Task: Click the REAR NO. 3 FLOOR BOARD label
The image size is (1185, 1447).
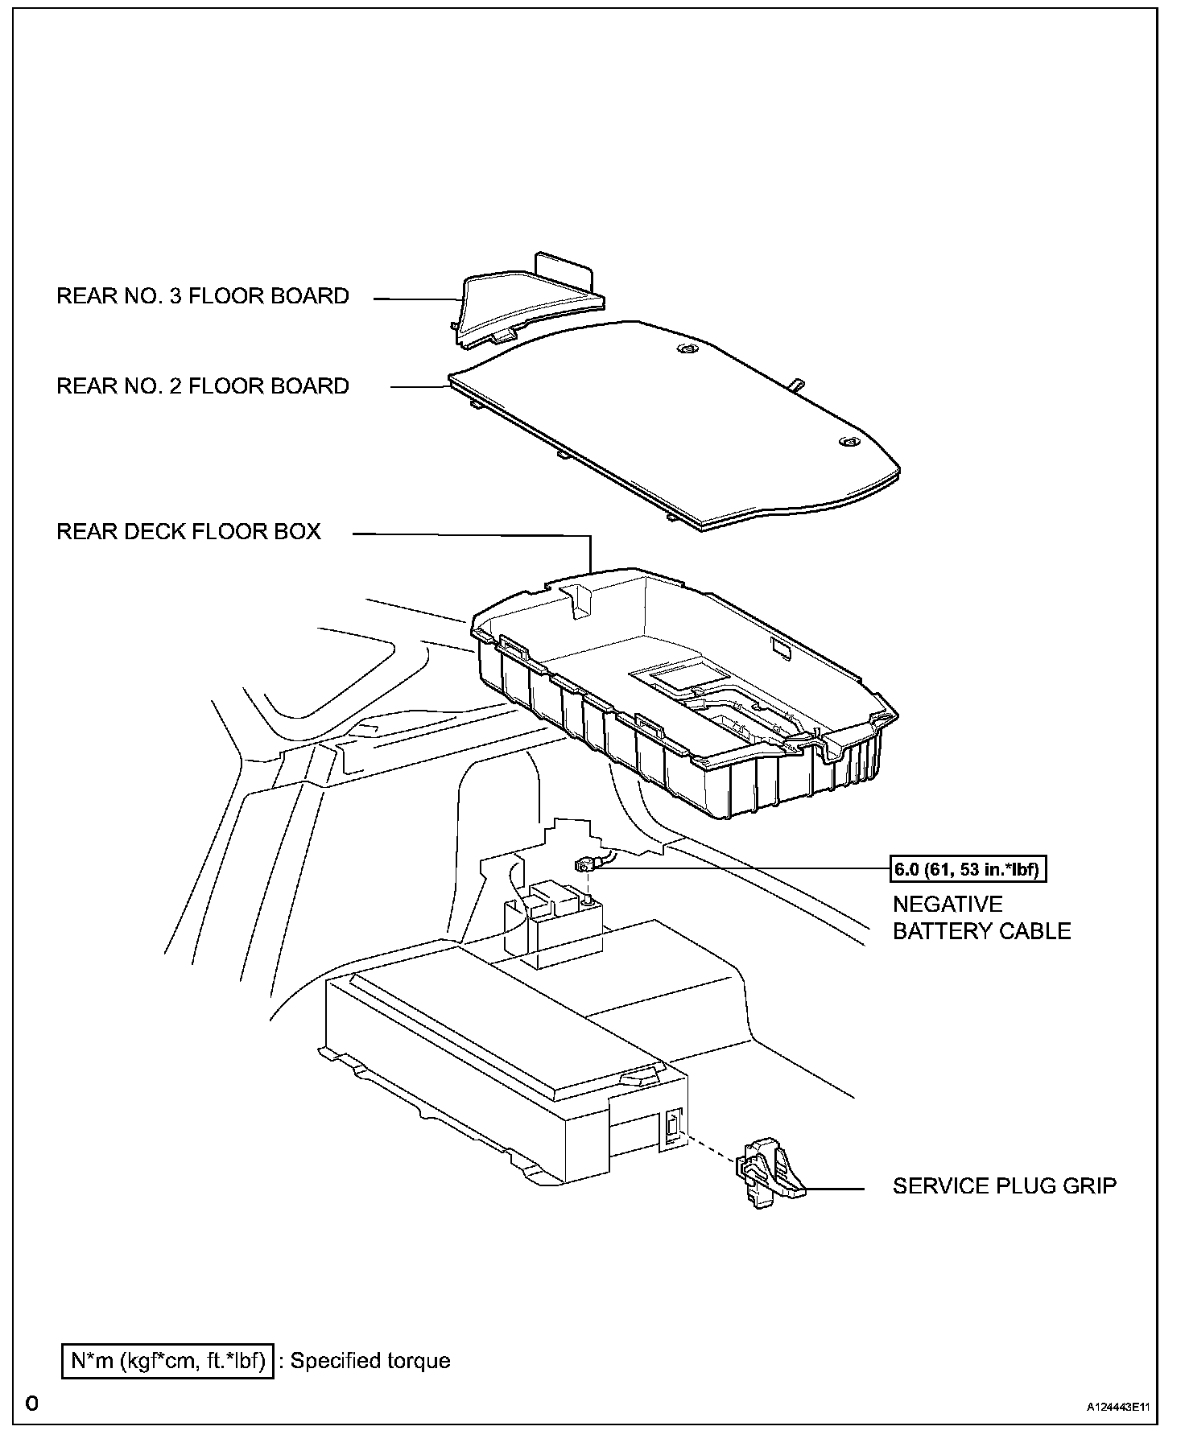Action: pos(202,296)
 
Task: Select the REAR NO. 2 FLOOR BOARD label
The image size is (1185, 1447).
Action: pos(202,386)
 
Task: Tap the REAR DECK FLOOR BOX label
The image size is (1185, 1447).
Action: pos(188,531)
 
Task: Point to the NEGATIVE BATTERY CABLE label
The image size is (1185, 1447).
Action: pos(981,917)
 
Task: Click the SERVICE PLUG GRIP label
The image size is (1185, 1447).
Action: pos(1004,1185)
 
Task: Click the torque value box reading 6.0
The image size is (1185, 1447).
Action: pos(968,869)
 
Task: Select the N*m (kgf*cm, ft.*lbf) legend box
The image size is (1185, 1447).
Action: pos(167,1361)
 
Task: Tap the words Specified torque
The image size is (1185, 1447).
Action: pos(370,1361)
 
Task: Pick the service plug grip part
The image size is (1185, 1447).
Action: pos(770,1179)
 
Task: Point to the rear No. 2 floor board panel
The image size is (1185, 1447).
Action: pos(676,427)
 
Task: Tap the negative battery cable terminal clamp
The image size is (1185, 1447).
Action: pos(585,866)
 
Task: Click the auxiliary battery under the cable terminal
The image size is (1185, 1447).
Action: pos(555,926)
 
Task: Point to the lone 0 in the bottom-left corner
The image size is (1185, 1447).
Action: pos(31,1404)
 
